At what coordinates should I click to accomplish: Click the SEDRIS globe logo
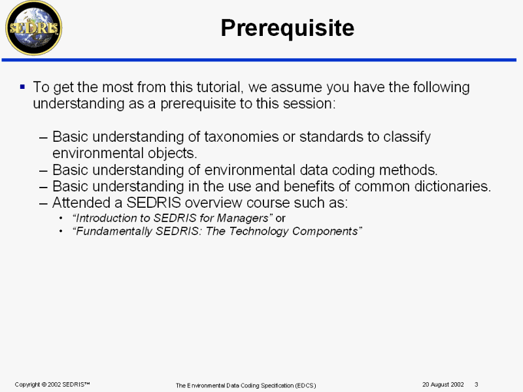[34, 28]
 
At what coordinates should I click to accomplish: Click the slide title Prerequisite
[288, 28]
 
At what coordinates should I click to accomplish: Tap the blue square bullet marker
[22, 88]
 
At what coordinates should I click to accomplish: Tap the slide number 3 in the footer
[477, 385]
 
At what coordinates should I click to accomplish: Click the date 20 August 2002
[443, 385]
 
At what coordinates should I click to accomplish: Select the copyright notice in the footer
[52, 385]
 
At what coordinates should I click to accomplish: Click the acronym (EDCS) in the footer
[305, 385]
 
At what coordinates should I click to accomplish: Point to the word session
[309, 104]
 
